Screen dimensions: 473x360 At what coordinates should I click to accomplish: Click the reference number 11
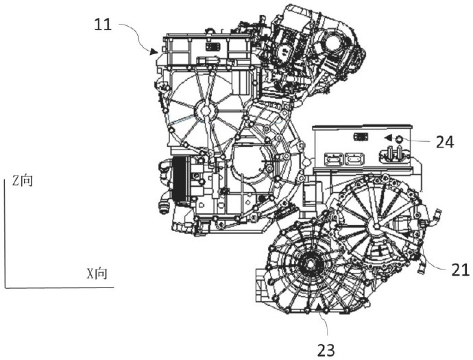[103, 25]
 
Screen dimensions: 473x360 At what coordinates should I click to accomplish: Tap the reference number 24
[445, 142]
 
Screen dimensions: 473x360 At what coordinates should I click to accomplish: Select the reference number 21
[461, 269]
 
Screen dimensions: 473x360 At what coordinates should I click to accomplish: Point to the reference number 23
[326, 350]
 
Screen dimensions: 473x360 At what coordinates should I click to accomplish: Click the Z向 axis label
[23, 180]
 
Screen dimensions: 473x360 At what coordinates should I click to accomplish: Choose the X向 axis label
[97, 274]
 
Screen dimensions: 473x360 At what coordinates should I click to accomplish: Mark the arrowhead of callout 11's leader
[154, 51]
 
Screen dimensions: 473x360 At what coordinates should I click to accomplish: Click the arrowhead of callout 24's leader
[387, 139]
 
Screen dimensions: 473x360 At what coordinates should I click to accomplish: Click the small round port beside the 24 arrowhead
[399, 139]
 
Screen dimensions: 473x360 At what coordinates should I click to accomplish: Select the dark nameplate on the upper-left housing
[213, 47]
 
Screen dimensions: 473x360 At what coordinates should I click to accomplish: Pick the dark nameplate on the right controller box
[361, 137]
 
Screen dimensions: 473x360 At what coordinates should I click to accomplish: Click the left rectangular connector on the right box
[334, 158]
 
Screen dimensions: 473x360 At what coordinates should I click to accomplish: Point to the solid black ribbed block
[180, 179]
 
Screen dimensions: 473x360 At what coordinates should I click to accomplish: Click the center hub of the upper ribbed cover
[205, 111]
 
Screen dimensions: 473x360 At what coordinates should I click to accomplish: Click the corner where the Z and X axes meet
[5, 287]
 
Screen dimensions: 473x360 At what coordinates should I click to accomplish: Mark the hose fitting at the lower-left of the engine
[163, 208]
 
